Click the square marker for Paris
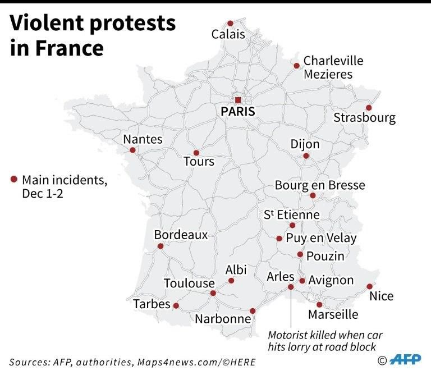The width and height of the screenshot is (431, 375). point(238,100)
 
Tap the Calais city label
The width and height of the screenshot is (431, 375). point(228,35)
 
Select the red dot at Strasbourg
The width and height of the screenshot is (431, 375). point(369,108)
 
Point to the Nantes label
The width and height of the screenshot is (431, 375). point(143,139)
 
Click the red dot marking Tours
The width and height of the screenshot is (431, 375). point(196,153)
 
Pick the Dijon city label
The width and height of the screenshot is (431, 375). point(305,144)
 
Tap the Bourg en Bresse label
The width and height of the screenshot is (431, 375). point(319,185)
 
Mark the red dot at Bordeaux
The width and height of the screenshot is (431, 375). point(161,246)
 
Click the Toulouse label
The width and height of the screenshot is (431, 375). point(189,283)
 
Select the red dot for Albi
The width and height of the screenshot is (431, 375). point(230,280)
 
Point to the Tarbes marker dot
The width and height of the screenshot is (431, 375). point(176,306)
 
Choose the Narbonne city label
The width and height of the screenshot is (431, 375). point(223,319)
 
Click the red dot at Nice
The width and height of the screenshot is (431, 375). point(369,286)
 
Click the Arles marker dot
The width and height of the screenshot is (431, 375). point(291,287)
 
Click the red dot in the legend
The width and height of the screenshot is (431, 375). point(14,180)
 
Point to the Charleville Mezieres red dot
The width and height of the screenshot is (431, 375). point(296,66)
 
